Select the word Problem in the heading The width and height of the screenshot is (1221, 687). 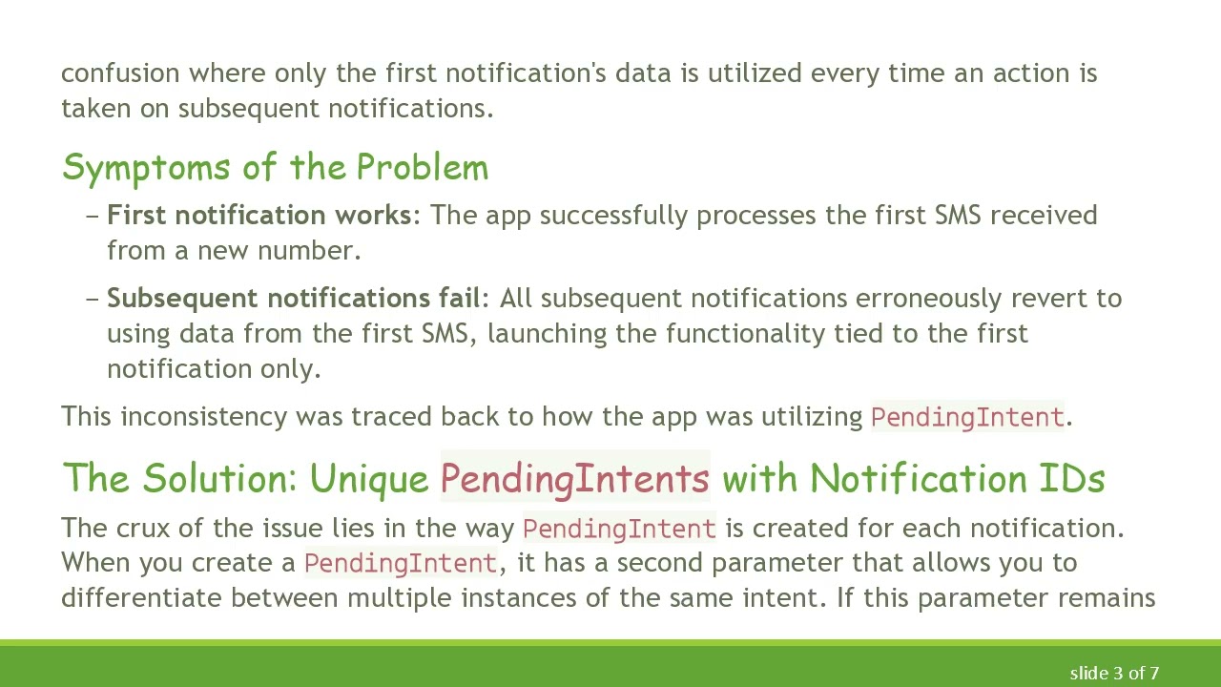422,168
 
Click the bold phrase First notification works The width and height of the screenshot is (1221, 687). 259,216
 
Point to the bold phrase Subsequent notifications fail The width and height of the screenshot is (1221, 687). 293,299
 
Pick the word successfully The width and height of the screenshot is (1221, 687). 614,216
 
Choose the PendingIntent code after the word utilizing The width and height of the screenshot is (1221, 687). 967,417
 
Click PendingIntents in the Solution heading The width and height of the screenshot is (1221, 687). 575,478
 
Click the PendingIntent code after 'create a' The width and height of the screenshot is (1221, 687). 401,563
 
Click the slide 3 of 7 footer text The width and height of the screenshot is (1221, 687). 1114,674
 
